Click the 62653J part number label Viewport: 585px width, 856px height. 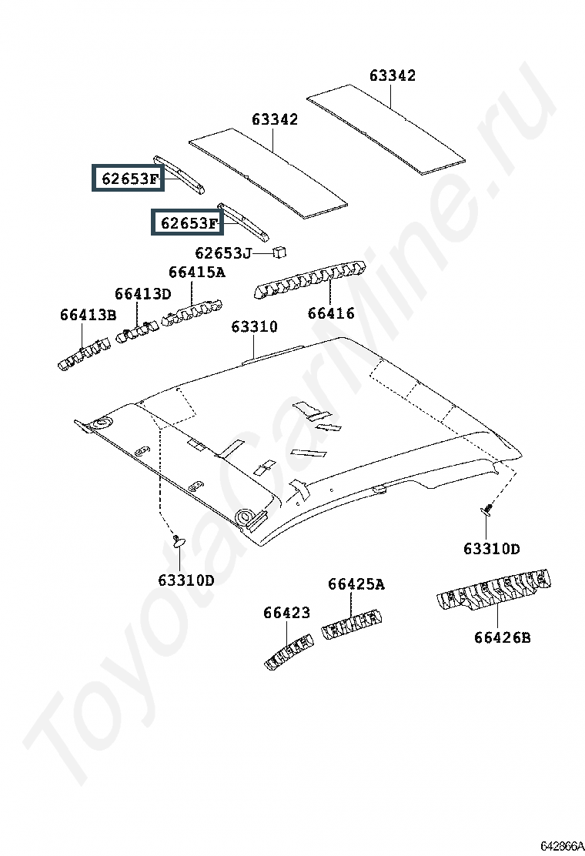point(223,253)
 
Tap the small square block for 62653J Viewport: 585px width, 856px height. point(279,252)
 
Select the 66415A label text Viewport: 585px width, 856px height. point(196,272)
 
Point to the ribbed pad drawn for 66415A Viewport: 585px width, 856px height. point(192,313)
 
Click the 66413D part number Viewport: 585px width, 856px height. point(142,294)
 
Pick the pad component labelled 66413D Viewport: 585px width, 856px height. point(137,333)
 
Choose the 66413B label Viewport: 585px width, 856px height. point(88,315)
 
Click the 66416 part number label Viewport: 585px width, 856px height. point(331,313)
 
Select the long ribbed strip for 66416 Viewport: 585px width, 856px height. point(309,279)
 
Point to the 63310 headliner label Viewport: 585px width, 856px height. point(254,326)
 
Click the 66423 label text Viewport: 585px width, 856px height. point(286,613)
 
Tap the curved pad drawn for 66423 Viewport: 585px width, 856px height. point(289,651)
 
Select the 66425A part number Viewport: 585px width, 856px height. point(356,585)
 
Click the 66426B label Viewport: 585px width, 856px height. point(502,637)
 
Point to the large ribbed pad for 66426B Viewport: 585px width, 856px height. point(494,590)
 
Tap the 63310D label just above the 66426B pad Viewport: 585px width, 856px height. point(492,549)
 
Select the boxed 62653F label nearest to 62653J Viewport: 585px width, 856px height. point(188,222)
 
